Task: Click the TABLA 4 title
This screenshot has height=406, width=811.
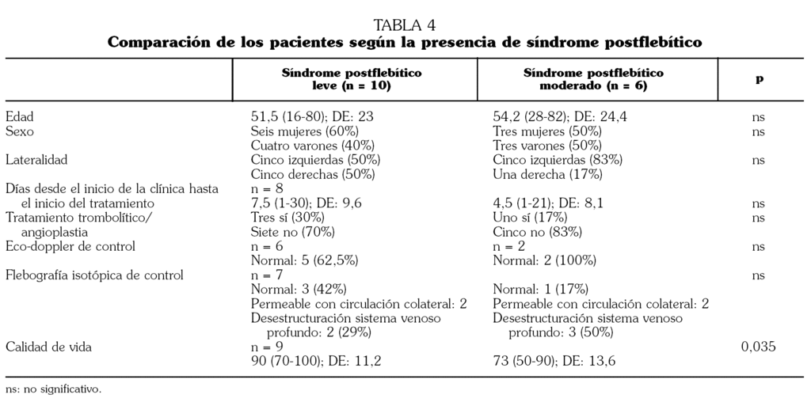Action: tap(405, 25)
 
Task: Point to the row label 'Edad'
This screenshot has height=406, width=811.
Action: tap(20, 117)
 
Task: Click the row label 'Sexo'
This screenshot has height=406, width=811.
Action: tap(20, 131)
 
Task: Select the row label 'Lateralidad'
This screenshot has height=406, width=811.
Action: tap(36, 160)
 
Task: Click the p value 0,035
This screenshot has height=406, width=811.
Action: tap(759, 347)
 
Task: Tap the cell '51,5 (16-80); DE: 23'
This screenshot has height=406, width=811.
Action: tap(312, 117)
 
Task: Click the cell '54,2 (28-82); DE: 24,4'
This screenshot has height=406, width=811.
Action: tap(560, 117)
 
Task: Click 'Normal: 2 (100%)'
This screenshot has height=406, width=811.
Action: tap(544, 260)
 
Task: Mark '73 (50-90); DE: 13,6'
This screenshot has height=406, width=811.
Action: tap(554, 362)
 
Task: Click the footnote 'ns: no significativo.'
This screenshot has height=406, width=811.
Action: tap(54, 389)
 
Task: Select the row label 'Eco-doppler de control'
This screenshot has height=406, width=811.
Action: tap(70, 246)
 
